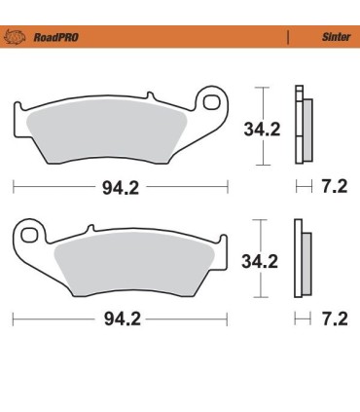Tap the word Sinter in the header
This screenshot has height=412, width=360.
pyautogui.click(x=335, y=38)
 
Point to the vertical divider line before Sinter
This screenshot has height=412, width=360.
pyautogui.click(x=288, y=38)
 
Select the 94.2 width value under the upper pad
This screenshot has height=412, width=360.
pyautogui.click(x=120, y=188)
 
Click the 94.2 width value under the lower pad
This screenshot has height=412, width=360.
pyautogui.click(x=120, y=318)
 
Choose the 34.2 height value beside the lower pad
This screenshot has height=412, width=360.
pyautogui.click(x=260, y=261)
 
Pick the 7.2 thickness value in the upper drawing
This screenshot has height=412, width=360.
pyautogui.click(x=334, y=188)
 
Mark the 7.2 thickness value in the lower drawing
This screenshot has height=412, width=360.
pyautogui.click(x=334, y=318)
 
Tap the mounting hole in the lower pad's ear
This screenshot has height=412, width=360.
pyautogui.click(x=27, y=234)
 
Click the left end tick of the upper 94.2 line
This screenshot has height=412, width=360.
pyautogui.click(x=14, y=184)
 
